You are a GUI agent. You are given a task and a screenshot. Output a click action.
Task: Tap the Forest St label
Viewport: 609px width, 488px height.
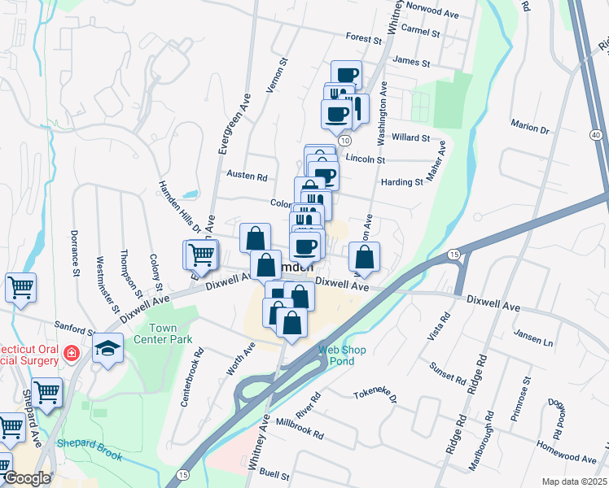[x=363, y=38]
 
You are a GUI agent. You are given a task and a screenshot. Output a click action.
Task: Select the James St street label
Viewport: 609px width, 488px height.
[x=410, y=60]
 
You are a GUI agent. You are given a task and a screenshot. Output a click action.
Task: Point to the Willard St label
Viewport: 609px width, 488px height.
[x=410, y=138]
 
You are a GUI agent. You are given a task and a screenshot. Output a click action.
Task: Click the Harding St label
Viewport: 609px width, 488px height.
[x=402, y=182]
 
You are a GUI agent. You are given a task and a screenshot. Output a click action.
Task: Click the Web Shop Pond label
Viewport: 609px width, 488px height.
[x=342, y=355]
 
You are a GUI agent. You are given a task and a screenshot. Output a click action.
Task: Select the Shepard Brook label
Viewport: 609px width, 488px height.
[x=90, y=450]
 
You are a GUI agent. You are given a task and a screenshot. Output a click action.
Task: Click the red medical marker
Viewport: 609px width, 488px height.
[x=71, y=354]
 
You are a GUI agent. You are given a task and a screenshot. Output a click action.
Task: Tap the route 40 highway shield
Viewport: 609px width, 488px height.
[x=597, y=134]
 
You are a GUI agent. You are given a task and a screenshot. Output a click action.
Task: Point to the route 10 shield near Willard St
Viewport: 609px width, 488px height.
[x=346, y=140]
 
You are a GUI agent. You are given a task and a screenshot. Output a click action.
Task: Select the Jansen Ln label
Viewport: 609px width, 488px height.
[x=533, y=334]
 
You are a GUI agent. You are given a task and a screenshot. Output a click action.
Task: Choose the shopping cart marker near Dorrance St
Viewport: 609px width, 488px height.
[x=20, y=285]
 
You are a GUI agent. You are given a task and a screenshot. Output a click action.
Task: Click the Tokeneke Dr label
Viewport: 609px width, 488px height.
[x=375, y=397]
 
